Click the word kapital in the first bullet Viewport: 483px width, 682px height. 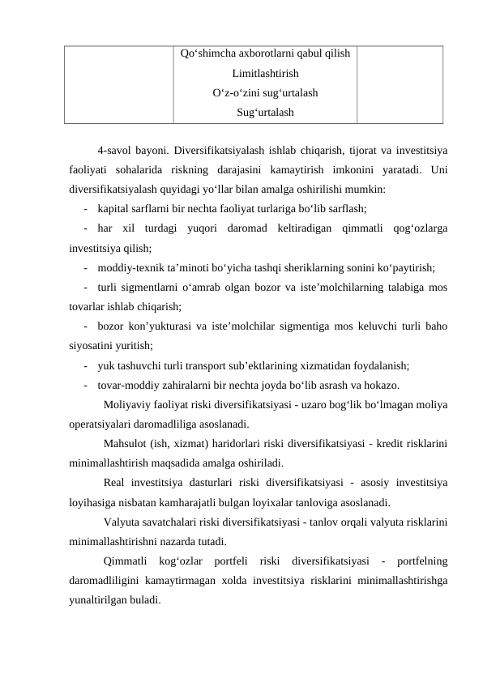[x=113, y=208]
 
